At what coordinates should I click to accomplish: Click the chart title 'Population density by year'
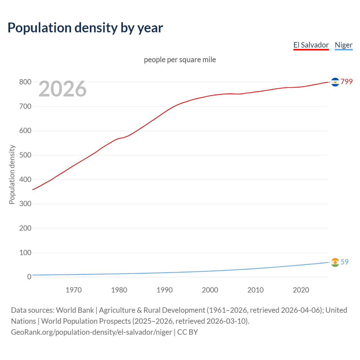[x=85, y=28]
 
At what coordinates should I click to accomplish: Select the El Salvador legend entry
[x=311, y=45]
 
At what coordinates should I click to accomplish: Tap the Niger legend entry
[x=343, y=45]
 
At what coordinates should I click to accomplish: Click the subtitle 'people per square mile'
[x=180, y=60]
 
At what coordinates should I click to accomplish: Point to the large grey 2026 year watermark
[x=62, y=89]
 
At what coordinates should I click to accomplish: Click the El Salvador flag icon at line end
[x=335, y=82]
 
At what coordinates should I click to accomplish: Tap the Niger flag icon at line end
[x=335, y=262]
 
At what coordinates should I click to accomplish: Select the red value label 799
[x=346, y=82]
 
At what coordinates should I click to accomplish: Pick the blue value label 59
[x=345, y=262]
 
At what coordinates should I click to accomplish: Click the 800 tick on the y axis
[x=25, y=82]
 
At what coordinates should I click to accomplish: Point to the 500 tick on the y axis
[x=25, y=155]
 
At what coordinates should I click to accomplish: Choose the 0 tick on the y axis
[x=29, y=277]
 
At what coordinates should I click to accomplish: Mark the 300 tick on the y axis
[x=25, y=204]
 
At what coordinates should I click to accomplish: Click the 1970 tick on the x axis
[x=74, y=290]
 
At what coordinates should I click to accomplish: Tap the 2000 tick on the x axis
[x=210, y=290]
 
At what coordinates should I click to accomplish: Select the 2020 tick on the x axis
[x=301, y=290]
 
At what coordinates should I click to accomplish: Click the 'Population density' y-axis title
[x=12, y=174]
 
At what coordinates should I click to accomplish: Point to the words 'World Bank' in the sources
[x=75, y=310]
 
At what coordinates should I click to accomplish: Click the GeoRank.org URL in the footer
[x=91, y=332]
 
